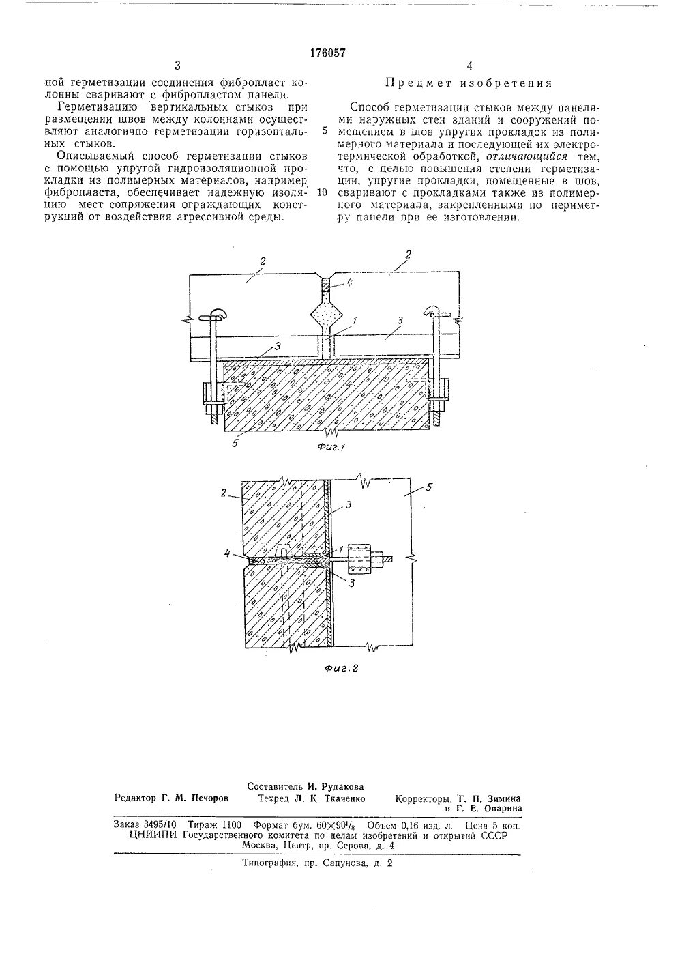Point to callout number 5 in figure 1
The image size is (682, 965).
[x=235, y=442]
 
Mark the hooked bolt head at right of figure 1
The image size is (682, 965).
[x=434, y=312]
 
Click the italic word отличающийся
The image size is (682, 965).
[x=532, y=156]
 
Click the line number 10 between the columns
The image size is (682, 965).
[x=323, y=192]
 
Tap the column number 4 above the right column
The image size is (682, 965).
[x=469, y=66]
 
